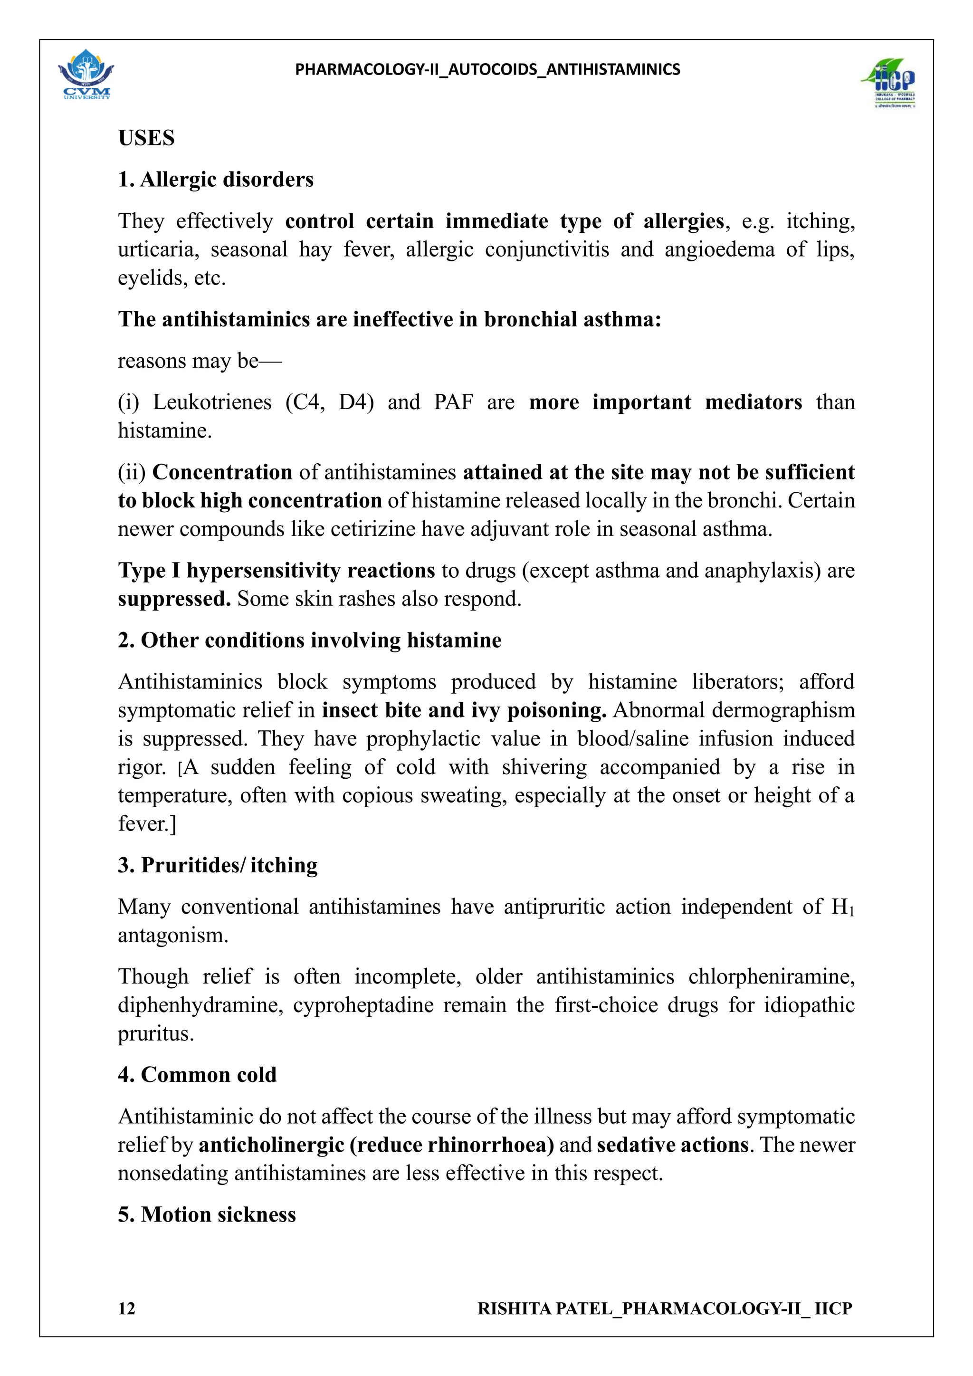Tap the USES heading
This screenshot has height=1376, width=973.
[146, 138]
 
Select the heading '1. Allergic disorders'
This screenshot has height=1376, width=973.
[216, 179]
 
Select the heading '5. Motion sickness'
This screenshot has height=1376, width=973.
[207, 1215]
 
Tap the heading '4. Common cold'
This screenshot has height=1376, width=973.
[197, 1075]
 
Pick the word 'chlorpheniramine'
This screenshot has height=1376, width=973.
[771, 977]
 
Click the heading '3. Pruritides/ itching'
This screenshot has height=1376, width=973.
[218, 865]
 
